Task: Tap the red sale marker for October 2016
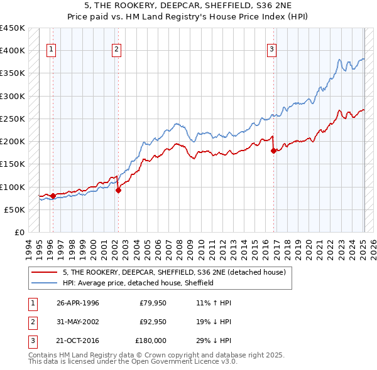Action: tap(274, 151)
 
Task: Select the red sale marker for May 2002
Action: tap(118, 191)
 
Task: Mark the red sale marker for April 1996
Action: tap(53, 196)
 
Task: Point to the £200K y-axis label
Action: tap(13, 142)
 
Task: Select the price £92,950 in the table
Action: tap(153, 322)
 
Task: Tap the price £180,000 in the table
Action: tap(151, 341)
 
